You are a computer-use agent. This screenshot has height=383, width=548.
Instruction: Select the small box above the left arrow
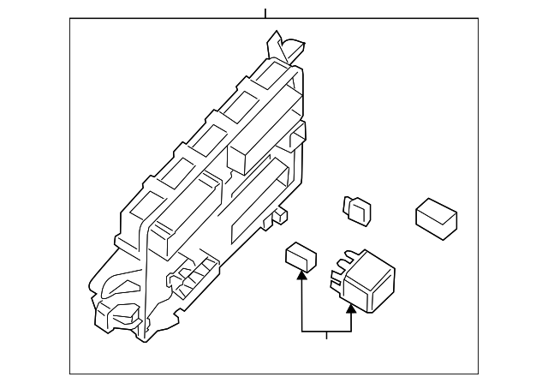[x=300, y=255]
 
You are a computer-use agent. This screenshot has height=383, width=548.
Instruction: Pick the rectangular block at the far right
[x=436, y=217]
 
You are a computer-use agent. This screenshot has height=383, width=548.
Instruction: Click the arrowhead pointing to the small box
[x=301, y=274]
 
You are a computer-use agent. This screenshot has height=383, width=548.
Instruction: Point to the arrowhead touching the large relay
[x=350, y=308]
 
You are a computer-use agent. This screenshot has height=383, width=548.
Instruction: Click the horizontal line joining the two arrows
[x=326, y=331]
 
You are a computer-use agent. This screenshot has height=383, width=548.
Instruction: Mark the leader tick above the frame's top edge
[x=265, y=13]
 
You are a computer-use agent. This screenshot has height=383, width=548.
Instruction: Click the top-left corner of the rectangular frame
[x=70, y=19]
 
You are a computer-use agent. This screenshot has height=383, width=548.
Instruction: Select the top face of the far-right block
[x=437, y=210]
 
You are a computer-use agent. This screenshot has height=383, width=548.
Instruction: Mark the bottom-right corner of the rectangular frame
[x=478, y=374]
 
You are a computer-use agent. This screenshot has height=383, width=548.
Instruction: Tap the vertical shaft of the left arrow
[x=301, y=304]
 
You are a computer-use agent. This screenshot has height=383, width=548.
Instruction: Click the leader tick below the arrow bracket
[x=326, y=335]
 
